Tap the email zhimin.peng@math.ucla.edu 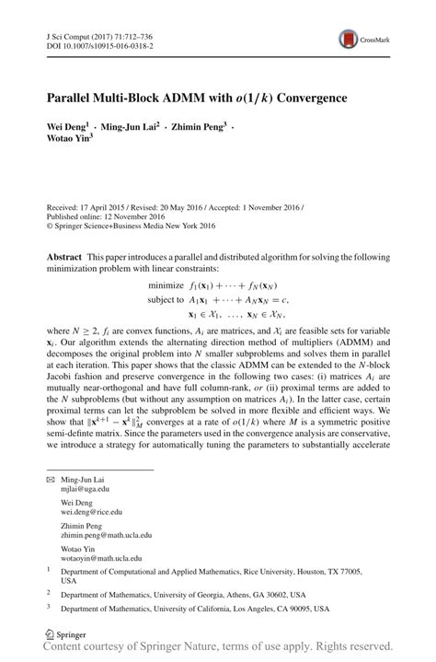(106, 534)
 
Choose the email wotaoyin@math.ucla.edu (101, 558)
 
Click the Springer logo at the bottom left (61, 633)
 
